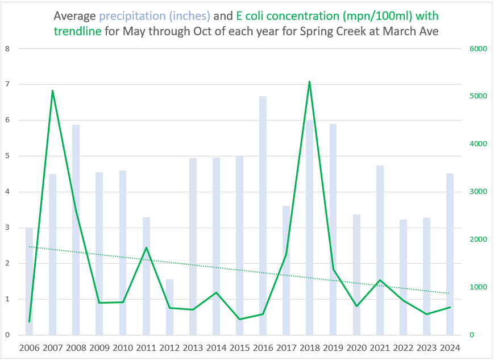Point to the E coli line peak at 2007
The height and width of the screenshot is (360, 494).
(x=52, y=90)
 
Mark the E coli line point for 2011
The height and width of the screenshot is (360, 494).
(x=146, y=247)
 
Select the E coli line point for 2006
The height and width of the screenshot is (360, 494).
(x=29, y=322)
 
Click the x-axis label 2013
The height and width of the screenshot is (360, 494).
(x=193, y=348)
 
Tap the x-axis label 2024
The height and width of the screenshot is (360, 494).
(x=450, y=348)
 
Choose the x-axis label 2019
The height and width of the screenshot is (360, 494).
(x=333, y=348)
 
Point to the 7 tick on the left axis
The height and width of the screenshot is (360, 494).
(x=7, y=85)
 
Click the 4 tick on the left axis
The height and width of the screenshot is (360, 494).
(x=7, y=192)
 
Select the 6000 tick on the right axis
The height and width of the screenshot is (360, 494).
(x=479, y=49)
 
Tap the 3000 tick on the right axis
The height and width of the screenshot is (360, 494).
(x=479, y=192)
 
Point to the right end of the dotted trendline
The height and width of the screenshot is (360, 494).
(x=450, y=293)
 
